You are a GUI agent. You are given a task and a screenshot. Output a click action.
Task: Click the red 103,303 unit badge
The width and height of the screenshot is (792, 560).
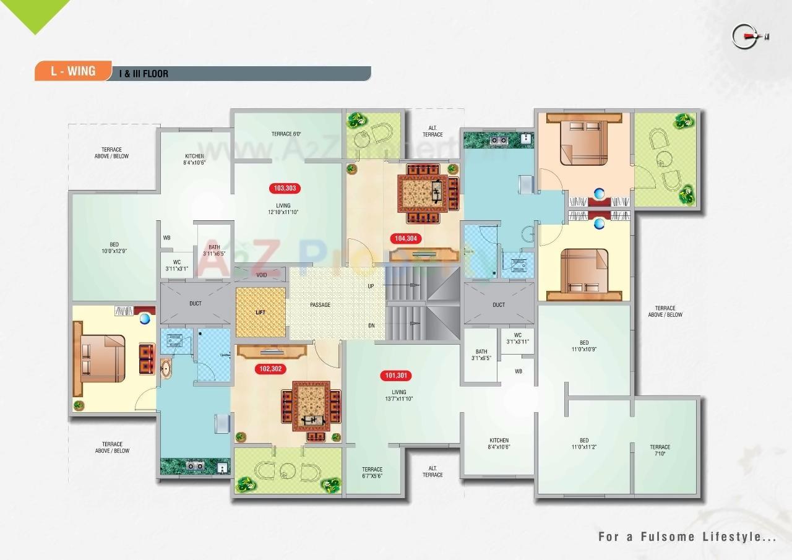click(x=285, y=188)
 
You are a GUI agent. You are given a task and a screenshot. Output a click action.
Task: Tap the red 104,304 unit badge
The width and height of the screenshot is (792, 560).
click(x=405, y=238)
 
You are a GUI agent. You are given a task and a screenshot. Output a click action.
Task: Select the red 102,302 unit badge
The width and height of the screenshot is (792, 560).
click(x=270, y=369)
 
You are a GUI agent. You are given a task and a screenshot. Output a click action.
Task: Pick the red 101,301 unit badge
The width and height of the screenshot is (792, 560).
click(x=397, y=376)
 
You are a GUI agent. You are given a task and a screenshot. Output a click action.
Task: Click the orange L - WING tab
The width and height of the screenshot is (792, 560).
click(x=73, y=71)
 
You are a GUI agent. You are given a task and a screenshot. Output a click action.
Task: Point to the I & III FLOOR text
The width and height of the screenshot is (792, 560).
click(x=144, y=74)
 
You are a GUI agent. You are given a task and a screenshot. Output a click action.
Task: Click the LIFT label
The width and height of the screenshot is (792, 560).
click(x=260, y=312)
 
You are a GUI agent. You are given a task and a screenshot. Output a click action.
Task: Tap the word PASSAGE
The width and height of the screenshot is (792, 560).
click(x=320, y=305)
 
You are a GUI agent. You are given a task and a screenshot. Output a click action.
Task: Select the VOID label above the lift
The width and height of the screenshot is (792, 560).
click(x=262, y=275)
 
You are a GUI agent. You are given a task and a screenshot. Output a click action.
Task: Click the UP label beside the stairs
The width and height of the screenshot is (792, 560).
click(x=371, y=286)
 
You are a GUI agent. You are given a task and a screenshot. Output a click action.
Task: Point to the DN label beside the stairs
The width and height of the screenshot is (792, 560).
click(x=371, y=325)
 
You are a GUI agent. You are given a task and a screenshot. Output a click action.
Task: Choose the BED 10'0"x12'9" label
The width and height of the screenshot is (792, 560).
click(x=114, y=248)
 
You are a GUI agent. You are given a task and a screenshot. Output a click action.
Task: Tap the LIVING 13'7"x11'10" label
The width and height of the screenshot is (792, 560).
click(x=398, y=395)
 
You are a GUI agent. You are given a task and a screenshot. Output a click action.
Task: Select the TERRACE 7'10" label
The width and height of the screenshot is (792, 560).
click(x=660, y=450)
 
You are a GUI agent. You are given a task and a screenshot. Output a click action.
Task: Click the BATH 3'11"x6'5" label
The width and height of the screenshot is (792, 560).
click(x=213, y=250)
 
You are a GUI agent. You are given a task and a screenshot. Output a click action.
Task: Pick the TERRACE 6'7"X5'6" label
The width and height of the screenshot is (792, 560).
click(x=372, y=473)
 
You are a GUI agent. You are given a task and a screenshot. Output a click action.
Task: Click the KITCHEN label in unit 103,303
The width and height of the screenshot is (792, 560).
click(x=194, y=159)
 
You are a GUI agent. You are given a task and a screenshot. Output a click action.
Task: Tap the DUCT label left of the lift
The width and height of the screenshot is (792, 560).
click(x=195, y=304)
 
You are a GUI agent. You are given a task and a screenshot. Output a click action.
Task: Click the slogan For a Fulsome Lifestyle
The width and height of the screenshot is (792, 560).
click(x=687, y=536)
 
